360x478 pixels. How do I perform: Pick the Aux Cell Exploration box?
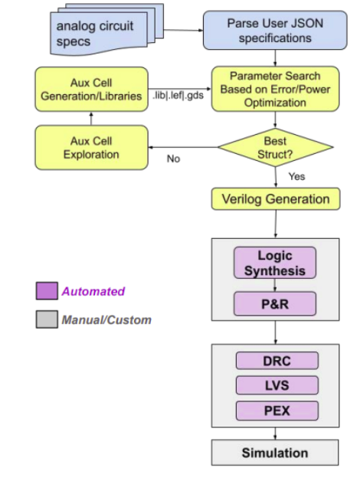pyautogui.click(x=91, y=147)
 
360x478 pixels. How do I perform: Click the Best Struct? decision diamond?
pyautogui.click(x=275, y=147)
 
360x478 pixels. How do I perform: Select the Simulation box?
pyautogui.click(x=274, y=453)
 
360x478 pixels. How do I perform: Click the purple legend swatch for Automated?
pyautogui.click(x=46, y=292)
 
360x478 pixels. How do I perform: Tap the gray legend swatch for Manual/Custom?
pyautogui.click(x=46, y=319)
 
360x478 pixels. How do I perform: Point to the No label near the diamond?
pyautogui.click(x=173, y=159)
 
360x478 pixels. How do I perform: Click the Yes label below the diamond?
pyautogui.click(x=296, y=176)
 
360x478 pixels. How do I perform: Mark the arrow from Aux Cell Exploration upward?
pyautogui.click(x=91, y=119)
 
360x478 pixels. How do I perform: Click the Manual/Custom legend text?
pyautogui.click(x=106, y=319)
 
